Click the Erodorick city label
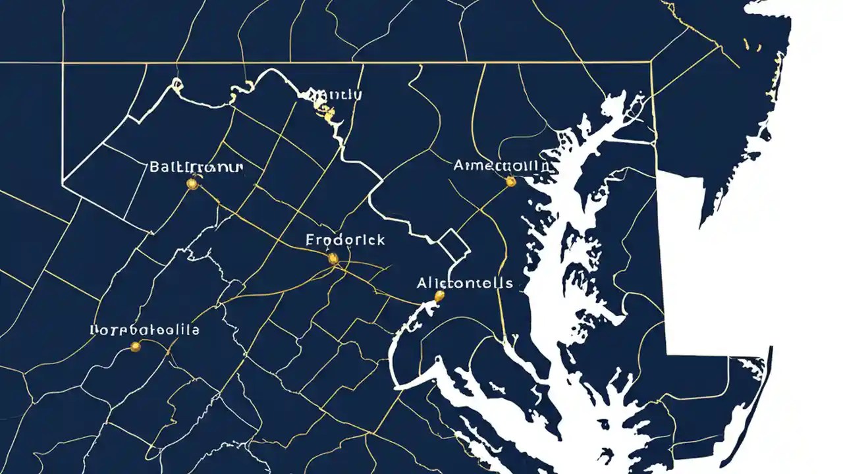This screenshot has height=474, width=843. point(345,240)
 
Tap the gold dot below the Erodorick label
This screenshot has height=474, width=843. point(333,259)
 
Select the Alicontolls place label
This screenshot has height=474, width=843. point(464,284)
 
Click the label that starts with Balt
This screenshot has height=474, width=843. point(196,167)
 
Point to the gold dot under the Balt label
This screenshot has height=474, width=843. point(192,184)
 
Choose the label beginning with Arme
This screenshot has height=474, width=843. point(501,166)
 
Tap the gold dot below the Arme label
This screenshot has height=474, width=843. point(510,180)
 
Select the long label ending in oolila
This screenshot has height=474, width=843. point(144,330)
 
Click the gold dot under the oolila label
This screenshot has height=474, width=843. point(136,346)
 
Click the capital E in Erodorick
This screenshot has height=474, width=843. point(310,240)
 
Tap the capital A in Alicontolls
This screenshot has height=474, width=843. point(422,284)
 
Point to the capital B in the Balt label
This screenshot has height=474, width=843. point(155,167)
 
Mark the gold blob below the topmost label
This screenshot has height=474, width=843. point(328,115)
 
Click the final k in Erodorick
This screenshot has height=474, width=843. point(380,240)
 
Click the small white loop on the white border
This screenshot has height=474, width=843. point(177,84)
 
